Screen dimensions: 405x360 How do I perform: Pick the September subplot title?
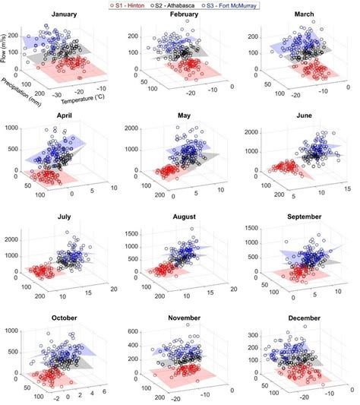pyautogui.click(x=305, y=217)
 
